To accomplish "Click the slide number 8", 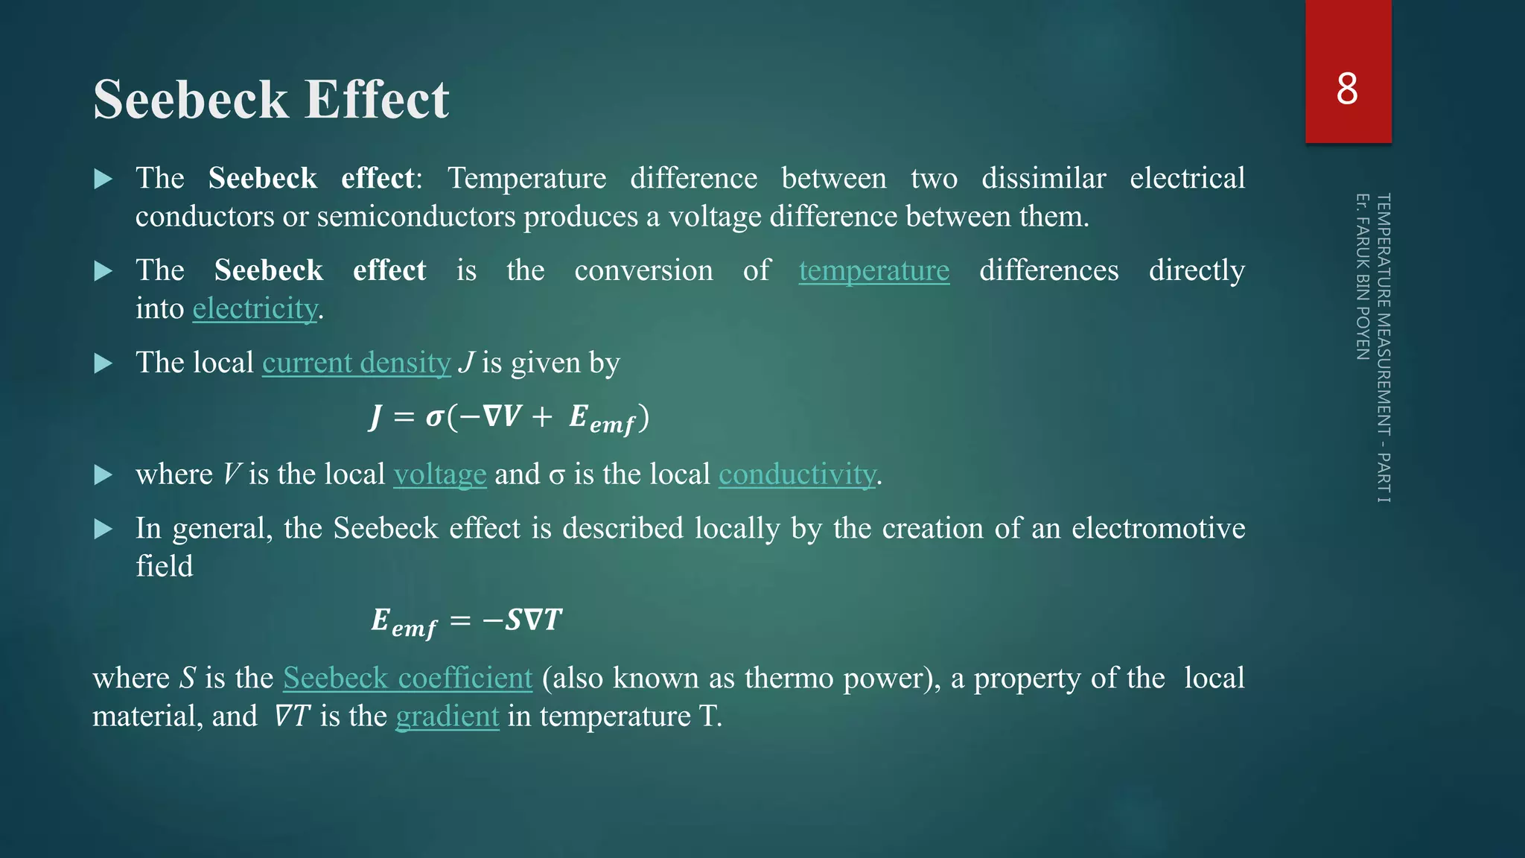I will [1347, 89].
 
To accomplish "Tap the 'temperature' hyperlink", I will [873, 270].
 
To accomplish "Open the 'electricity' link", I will [255, 308].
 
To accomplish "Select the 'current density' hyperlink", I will [356, 363].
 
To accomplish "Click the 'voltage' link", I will [439, 474].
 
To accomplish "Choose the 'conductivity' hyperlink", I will [797, 474].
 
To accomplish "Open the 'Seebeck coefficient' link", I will [407, 678].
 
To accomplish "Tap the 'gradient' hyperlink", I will [447, 716].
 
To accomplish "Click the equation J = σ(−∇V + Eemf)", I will [510, 418].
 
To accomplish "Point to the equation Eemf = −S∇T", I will [466, 621].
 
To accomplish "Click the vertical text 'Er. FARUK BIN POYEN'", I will [1363, 276].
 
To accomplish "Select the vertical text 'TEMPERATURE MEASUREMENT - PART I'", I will [1384, 347].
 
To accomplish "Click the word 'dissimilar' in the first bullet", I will [1043, 179].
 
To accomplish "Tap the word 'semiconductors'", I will [416, 217].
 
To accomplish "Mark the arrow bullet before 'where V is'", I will [104, 475].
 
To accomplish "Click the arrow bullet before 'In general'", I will [104, 530].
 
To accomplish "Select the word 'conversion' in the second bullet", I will [643, 270].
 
